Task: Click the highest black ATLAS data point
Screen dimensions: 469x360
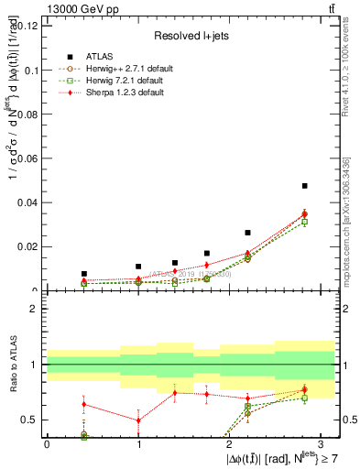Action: point(304,186)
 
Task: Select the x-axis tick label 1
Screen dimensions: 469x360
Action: point(137,443)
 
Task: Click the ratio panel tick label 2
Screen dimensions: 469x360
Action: point(37,310)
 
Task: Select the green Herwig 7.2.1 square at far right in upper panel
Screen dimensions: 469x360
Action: point(304,222)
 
